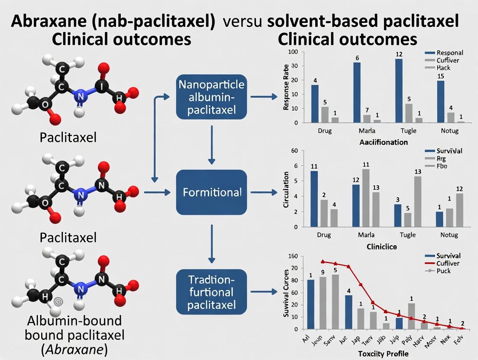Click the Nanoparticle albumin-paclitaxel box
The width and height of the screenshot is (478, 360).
[x=211, y=97]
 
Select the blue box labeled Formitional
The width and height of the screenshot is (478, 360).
[x=211, y=192]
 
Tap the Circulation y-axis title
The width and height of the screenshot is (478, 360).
[x=286, y=190]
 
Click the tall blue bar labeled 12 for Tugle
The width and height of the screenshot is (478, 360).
[x=399, y=90]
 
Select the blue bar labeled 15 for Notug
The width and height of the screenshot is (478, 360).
[x=440, y=101]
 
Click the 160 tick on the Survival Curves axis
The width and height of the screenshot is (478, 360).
[x=293, y=256]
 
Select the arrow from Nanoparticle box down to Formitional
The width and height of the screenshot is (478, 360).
[x=211, y=145]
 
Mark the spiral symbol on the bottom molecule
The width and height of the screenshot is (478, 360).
[x=58, y=300]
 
